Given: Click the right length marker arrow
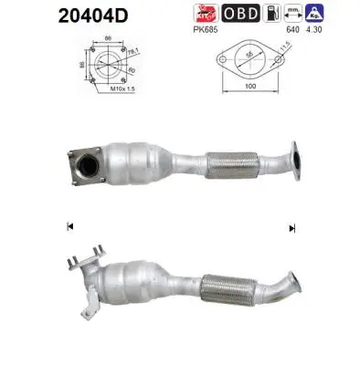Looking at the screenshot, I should [x=291, y=227].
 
